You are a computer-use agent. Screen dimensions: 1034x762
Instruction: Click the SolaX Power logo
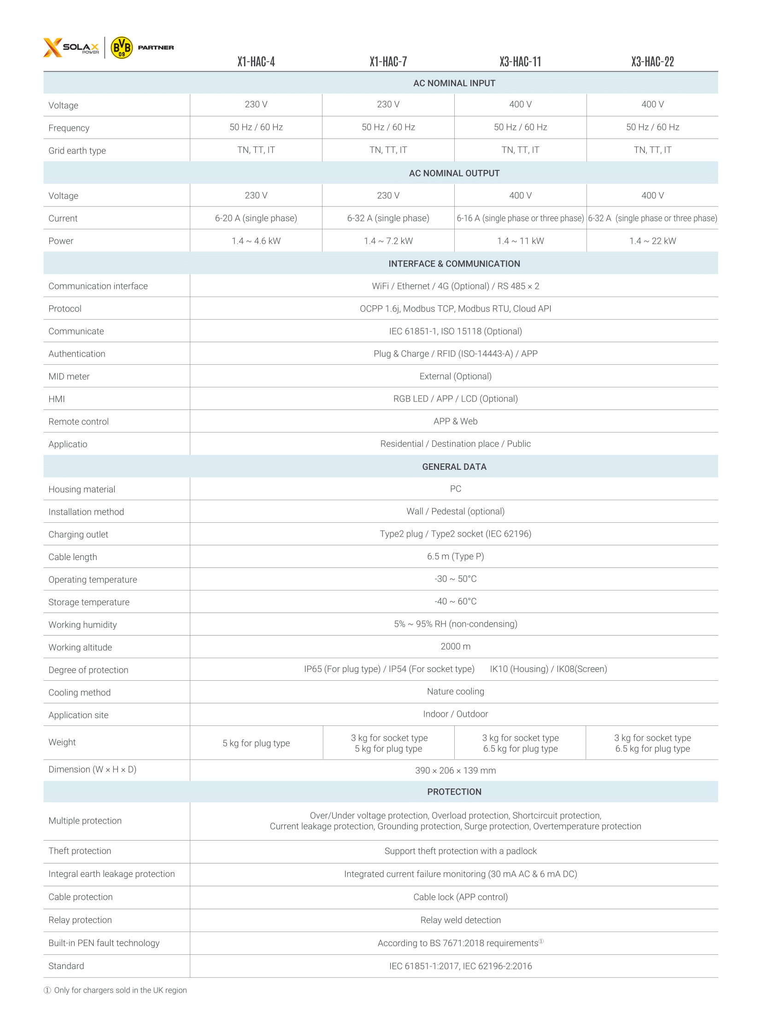pos(71,47)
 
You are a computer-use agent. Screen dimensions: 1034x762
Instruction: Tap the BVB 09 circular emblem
pos(122,47)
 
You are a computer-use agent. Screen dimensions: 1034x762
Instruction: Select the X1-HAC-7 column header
pos(388,62)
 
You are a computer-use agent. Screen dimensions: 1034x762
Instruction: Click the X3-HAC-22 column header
pos(652,62)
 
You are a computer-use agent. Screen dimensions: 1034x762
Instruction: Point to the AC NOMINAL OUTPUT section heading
pos(454,174)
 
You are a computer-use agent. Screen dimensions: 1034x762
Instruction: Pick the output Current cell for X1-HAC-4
pos(256,218)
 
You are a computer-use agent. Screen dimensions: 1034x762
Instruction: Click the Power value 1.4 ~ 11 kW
pos(520,241)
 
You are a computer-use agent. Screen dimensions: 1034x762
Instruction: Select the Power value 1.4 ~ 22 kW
pos(652,241)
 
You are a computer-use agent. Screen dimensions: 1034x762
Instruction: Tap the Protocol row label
pos(65,309)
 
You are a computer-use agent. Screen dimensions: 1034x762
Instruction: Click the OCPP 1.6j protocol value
pos(455,309)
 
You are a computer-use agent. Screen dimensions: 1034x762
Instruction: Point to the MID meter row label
pos(69,377)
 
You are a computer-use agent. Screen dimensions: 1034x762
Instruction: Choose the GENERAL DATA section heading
pos(454,467)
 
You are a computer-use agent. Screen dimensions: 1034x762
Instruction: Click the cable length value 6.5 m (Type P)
pos(455,557)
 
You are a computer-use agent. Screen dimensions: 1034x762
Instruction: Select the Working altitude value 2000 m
pos(455,647)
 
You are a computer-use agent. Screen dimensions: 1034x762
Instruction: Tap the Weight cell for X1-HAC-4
pos(256,743)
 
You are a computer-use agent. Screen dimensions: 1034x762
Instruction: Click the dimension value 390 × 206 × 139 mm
pos(455,771)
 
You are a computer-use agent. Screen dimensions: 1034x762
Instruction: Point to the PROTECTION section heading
pos(454,792)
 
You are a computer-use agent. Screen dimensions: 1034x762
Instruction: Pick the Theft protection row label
pos(80,851)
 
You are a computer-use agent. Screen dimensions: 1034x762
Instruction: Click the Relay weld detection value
pos(460,920)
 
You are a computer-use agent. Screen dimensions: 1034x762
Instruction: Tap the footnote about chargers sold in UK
pos(116,990)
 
